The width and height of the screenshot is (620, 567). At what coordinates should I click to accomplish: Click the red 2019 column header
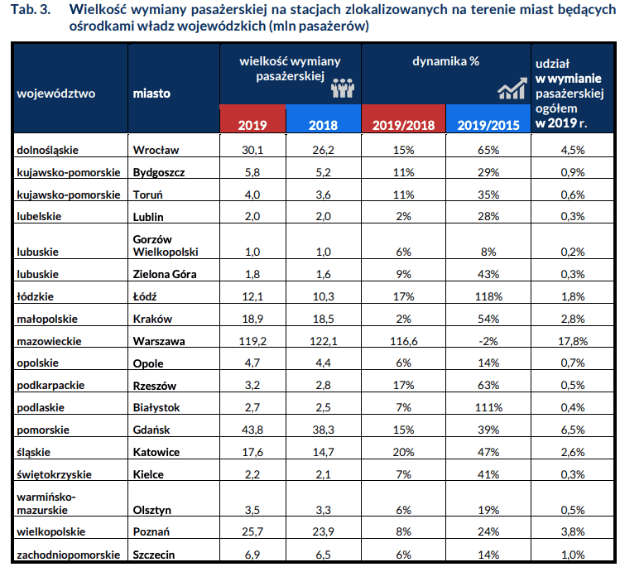point(252,125)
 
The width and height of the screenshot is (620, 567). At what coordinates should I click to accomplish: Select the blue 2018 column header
point(323,125)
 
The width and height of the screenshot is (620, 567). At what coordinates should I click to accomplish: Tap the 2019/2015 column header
point(488,125)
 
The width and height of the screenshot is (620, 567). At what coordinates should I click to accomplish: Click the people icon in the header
point(343,88)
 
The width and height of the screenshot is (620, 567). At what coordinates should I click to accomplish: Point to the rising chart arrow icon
point(512,88)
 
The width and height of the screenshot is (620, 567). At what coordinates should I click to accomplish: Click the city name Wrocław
point(156,151)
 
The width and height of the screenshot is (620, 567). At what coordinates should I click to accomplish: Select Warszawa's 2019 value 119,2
point(252,341)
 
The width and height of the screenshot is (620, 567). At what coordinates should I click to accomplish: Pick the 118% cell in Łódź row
point(488,296)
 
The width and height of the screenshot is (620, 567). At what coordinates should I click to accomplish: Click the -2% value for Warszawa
point(488,341)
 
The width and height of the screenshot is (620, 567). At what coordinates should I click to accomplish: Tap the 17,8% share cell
point(573,341)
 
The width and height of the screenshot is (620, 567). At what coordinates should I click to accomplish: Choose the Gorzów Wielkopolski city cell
point(166,246)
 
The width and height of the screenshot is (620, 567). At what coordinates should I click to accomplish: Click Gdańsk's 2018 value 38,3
point(323,430)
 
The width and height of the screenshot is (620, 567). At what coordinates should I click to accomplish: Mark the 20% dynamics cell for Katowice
point(403,452)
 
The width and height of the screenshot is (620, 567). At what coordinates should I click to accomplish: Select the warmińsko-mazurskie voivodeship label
point(46,503)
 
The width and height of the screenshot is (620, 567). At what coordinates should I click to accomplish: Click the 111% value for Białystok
point(488,407)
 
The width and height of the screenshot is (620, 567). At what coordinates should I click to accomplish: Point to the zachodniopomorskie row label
point(68,555)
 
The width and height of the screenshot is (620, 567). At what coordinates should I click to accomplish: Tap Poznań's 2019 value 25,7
point(252,531)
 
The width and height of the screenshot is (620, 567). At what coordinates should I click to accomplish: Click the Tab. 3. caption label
point(31,9)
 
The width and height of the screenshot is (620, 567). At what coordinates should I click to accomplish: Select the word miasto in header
point(151,94)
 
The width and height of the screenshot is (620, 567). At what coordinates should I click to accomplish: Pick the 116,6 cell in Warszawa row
point(403,341)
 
